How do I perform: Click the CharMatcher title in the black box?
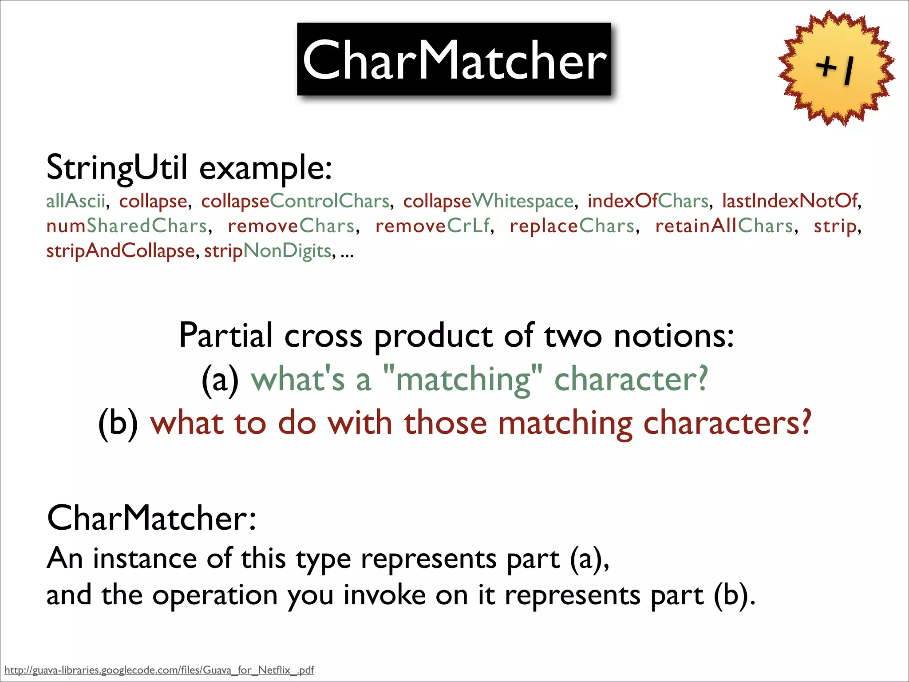pyautogui.click(x=454, y=60)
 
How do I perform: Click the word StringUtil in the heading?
pyautogui.click(x=117, y=168)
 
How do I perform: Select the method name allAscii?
pyautogui.click(x=76, y=201)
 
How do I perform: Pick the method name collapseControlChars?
pyautogui.click(x=295, y=201)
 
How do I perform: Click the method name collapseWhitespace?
pyautogui.click(x=488, y=201)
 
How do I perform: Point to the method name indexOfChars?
pyautogui.click(x=648, y=201)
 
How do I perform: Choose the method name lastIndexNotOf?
pyautogui.click(x=790, y=201)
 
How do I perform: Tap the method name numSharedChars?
pyautogui.click(x=127, y=226)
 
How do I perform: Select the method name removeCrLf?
pyautogui.click(x=432, y=226)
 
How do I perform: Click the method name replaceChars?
pyautogui.click(x=572, y=226)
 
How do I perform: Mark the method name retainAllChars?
pyautogui.click(x=724, y=226)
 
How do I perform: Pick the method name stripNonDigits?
pyautogui.click(x=268, y=251)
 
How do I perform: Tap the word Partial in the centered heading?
pyautogui.click(x=225, y=336)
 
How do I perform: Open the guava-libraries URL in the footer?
pyautogui.click(x=159, y=670)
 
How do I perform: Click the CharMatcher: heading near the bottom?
pyautogui.click(x=151, y=518)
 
